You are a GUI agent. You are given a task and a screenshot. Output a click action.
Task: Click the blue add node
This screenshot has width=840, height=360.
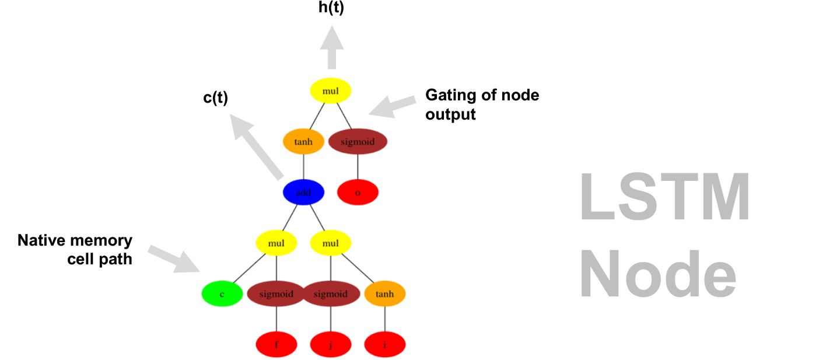coord(303,193)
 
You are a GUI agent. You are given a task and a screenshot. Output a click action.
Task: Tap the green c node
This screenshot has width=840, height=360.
coord(222,294)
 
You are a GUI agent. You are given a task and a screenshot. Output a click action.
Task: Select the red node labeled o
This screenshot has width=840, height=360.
coord(358,193)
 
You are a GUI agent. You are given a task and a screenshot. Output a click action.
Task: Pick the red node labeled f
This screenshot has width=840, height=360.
coord(276,344)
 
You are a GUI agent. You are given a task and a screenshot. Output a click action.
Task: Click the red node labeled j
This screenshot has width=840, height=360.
coord(331,344)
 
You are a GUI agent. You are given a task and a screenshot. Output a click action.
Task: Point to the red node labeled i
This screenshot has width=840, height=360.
coord(385,344)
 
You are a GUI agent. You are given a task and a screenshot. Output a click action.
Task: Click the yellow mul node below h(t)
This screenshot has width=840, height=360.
coord(331,91)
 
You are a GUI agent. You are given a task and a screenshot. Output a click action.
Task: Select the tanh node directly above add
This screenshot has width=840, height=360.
coord(303,142)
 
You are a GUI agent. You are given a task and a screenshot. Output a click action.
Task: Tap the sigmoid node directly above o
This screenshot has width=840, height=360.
coord(358,142)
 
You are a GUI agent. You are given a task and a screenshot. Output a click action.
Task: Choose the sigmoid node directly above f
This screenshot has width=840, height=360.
coord(276,294)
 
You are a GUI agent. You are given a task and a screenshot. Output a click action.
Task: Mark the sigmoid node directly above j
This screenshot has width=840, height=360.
coord(331,294)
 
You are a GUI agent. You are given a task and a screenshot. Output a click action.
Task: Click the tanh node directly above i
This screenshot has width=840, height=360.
coord(385,294)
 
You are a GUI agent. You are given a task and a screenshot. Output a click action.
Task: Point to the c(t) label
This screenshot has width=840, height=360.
coord(215,98)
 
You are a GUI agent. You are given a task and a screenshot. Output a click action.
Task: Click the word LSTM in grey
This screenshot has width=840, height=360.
coord(665,198)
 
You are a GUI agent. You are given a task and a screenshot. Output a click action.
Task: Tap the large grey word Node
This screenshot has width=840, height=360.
coord(659,275)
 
